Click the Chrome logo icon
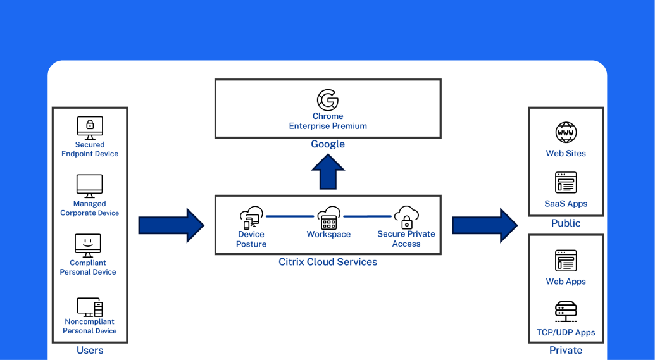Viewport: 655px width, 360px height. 328,101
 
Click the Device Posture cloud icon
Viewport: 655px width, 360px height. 251,217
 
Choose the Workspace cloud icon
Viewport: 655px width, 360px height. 328,218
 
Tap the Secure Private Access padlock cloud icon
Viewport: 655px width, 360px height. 406,217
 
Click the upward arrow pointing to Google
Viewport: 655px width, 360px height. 328,172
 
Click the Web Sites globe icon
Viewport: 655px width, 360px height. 566,133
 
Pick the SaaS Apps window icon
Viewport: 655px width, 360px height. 566,182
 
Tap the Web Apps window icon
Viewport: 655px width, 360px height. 566,260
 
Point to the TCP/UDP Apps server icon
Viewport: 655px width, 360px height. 566,311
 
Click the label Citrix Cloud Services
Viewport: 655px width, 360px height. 328,262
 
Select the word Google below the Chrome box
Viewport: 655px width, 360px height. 328,144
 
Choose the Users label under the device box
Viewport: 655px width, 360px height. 90,351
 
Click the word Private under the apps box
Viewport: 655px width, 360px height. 566,351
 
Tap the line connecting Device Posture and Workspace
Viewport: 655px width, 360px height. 290,216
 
